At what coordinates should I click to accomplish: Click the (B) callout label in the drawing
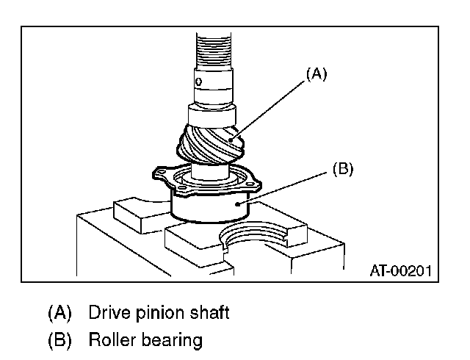pos(343,168)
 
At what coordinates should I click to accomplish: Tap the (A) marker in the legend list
pos(59,313)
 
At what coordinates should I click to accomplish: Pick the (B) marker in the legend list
pos(59,341)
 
